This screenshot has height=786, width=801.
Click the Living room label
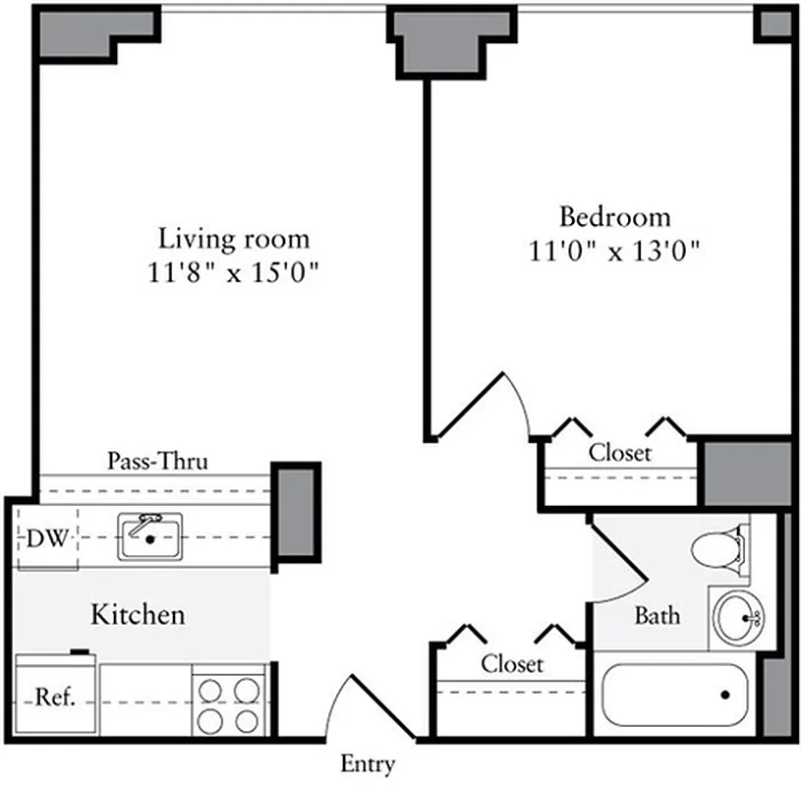[x=234, y=239]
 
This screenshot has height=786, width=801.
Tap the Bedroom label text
[x=614, y=216]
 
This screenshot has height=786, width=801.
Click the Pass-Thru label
[x=157, y=461]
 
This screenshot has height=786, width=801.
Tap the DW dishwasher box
[x=46, y=538]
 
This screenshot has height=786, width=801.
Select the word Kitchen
[x=138, y=616]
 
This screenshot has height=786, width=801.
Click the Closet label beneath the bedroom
[x=619, y=453]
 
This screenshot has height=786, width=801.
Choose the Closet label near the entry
[x=511, y=664]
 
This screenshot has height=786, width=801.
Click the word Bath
[x=656, y=616]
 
